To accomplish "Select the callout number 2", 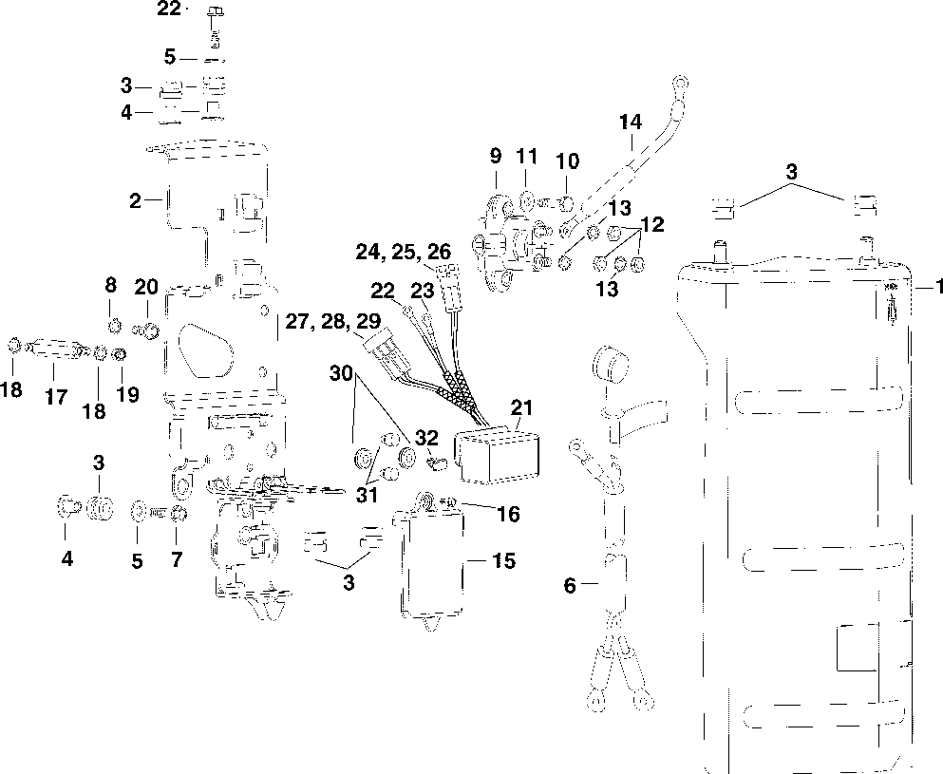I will click(x=136, y=200).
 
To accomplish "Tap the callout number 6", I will click(x=570, y=586).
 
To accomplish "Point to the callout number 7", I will click(x=176, y=560).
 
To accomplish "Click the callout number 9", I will click(x=495, y=156).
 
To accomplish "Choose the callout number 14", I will click(x=630, y=122).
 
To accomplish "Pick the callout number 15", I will click(x=504, y=561).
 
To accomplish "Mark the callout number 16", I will click(x=509, y=514).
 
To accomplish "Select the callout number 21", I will click(x=520, y=408).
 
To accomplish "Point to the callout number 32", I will click(x=427, y=438).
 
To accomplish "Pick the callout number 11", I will click(x=528, y=156).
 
